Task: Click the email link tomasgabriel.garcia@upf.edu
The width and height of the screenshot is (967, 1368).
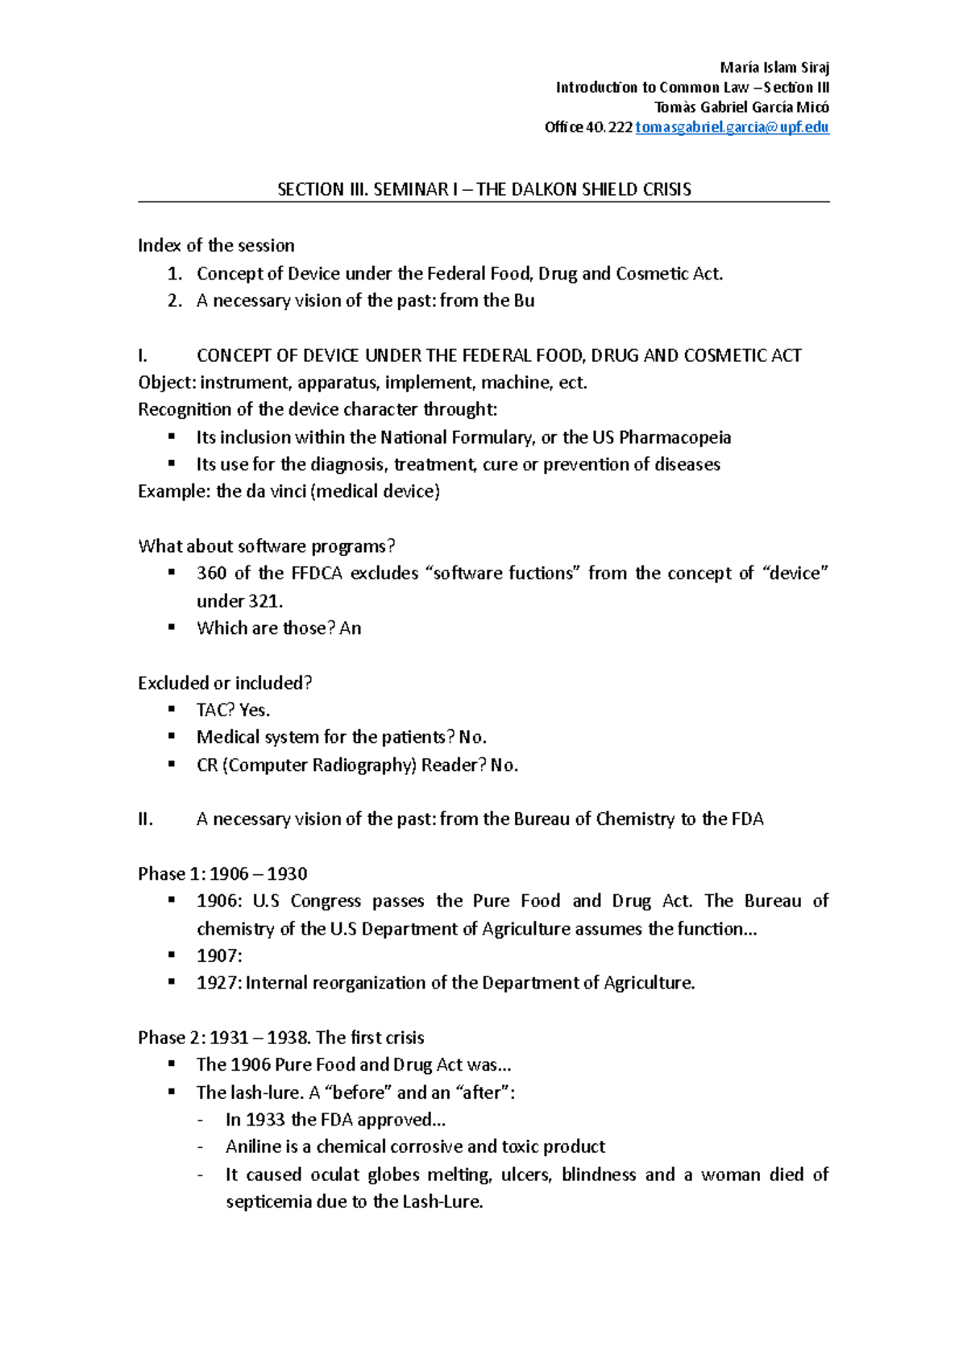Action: [x=732, y=127]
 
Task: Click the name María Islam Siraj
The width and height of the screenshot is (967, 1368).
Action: [x=774, y=68]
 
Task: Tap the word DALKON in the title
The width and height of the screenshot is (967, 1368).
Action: [x=551, y=190]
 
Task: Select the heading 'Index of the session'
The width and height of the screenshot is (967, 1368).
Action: [x=216, y=246]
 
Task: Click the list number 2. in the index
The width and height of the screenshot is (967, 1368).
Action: [x=175, y=301]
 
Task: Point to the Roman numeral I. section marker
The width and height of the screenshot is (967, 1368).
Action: [x=143, y=355]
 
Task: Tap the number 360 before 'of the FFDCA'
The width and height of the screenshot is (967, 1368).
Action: [x=211, y=574]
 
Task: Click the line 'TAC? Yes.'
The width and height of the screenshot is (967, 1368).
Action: [x=233, y=710]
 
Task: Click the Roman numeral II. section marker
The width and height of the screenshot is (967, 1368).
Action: [x=145, y=819]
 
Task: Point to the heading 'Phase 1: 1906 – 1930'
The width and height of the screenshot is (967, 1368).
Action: [x=222, y=874]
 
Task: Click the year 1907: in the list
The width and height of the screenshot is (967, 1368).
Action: [x=219, y=956]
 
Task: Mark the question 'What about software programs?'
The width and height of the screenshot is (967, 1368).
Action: [x=267, y=546]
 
